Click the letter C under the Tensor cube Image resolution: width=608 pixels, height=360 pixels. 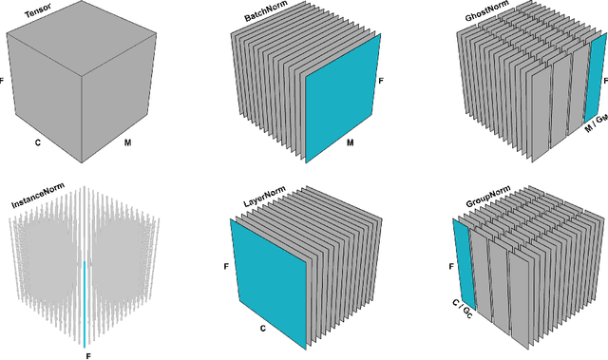(x=37, y=142)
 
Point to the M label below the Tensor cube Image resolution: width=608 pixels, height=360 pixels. (x=128, y=142)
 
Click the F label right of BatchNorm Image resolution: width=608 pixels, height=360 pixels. (x=382, y=82)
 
